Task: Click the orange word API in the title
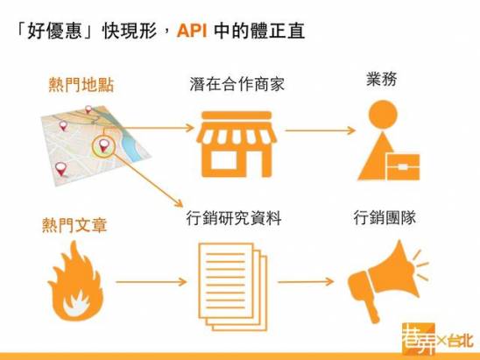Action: (192, 31)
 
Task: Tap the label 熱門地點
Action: (81, 85)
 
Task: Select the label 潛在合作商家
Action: (237, 84)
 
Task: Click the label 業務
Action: (382, 79)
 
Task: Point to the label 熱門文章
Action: (74, 225)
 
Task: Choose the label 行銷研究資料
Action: (234, 218)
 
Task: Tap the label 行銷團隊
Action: (385, 217)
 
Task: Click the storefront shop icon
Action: (236, 145)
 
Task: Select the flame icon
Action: (76, 281)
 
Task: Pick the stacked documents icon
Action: (233, 286)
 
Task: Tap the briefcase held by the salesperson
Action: (403, 166)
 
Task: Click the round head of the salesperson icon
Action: (383, 115)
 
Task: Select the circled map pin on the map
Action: (103, 146)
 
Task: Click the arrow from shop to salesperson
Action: (320, 131)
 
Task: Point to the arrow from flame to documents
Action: (152, 282)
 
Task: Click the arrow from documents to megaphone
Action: (306, 281)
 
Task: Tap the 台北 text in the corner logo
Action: (461, 341)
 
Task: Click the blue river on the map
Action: (131, 144)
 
